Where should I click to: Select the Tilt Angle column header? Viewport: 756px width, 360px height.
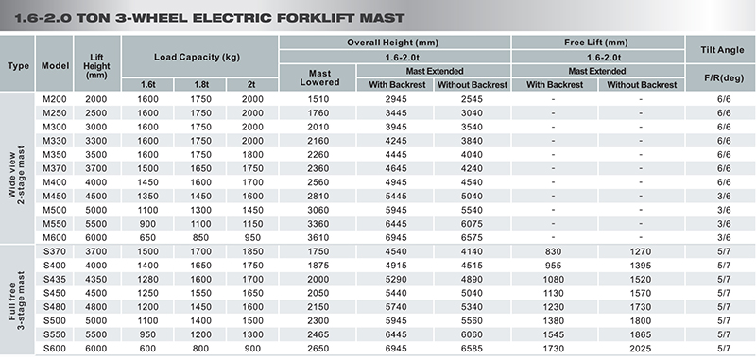[722, 50]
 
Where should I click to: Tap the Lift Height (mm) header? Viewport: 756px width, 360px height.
[96, 66]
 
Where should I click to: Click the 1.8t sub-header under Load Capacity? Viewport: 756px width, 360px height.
[201, 85]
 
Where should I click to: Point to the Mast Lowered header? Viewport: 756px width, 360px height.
[319, 78]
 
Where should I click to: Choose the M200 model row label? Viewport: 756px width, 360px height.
[55, 99]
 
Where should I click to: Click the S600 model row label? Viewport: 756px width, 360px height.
[55, 349]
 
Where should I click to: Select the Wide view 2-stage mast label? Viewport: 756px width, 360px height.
[17, 169]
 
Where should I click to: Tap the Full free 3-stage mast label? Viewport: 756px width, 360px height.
[17, 300]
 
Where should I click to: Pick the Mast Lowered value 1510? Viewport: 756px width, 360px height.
[318, 99]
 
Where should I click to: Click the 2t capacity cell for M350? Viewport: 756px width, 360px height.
[252, 155]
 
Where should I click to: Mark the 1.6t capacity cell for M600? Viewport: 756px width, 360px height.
[147, 237]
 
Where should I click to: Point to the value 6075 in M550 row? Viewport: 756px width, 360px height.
[472, 224]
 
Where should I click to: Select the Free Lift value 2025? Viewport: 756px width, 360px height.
[641, 349]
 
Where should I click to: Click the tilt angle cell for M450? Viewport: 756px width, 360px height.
[724, 197]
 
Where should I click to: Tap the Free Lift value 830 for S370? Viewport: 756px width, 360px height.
[553, 251]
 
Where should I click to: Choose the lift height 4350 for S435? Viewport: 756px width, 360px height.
[96, 280]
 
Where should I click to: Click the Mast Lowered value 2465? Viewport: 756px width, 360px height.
[318, 334]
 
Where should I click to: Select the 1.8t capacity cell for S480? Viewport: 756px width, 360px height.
[200, 307]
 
